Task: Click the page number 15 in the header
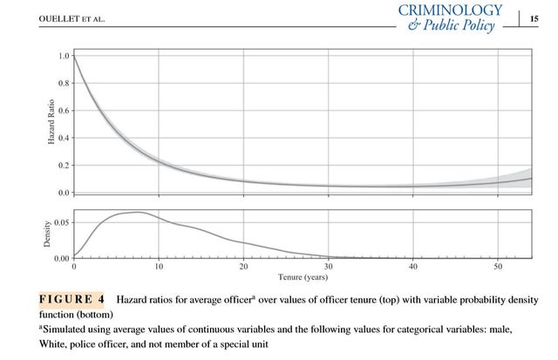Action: coord(534,17)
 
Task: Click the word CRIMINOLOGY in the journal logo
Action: coord(450,10)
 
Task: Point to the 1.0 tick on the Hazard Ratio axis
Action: coord(64,56)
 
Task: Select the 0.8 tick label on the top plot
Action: coord(64,84)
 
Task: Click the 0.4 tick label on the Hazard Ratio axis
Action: coord(64,138)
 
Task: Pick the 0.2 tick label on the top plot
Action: coord(64,165)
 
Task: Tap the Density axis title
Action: coord(48,234)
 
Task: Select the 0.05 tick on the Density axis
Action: coord(61,223)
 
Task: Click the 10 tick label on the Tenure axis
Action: coord(159,267)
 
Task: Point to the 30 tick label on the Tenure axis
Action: coord(328,267)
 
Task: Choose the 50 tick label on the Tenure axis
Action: coord(498,267)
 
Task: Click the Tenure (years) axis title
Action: coord(303,277)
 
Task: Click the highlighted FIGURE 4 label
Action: coord(71,299)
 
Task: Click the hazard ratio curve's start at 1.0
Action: coord(74,57)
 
